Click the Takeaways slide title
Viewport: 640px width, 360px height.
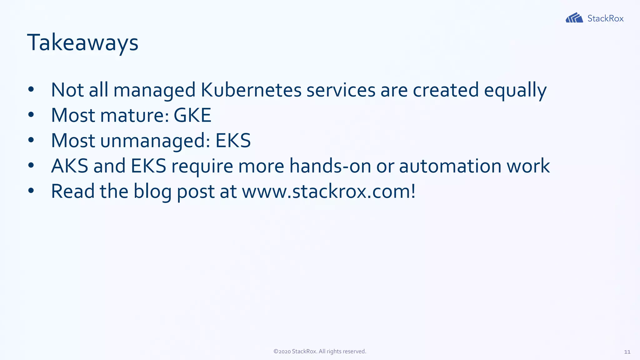click(82, 43)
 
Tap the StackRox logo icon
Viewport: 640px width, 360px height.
click(574, 18)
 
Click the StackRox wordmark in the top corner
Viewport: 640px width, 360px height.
click(605, 18)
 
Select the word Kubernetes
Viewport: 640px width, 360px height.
click(251, 90)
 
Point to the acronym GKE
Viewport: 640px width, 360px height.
click(192, 115)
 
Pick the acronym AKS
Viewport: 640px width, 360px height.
click(69, 166)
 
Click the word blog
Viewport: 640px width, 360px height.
click(152, 191)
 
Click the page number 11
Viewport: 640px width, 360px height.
click(627, 352)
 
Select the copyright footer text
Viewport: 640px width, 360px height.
click(320, 352)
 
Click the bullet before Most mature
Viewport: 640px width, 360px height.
click(31, 115)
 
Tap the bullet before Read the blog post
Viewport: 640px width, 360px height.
click(31, 191)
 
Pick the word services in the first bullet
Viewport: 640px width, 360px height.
click(341, 90)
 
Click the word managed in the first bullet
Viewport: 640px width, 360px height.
click(154, 91)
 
